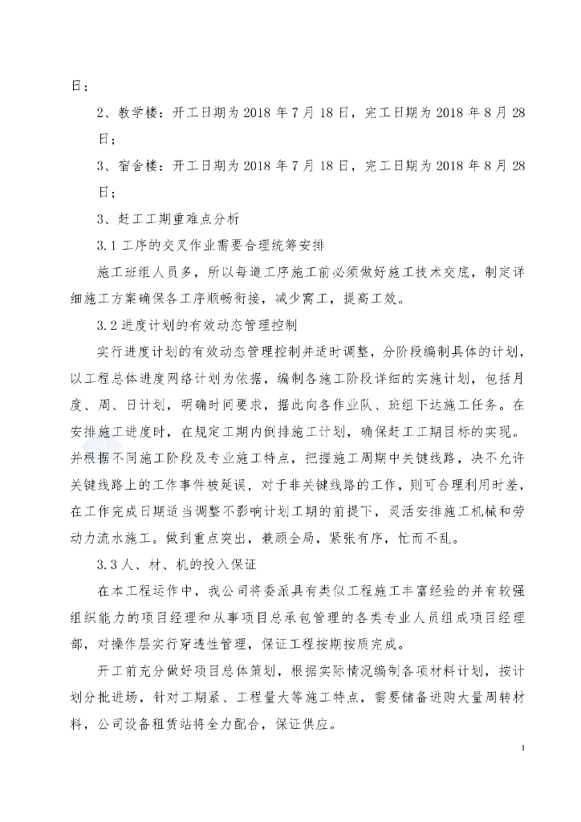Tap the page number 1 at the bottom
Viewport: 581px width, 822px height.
(523, 748)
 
